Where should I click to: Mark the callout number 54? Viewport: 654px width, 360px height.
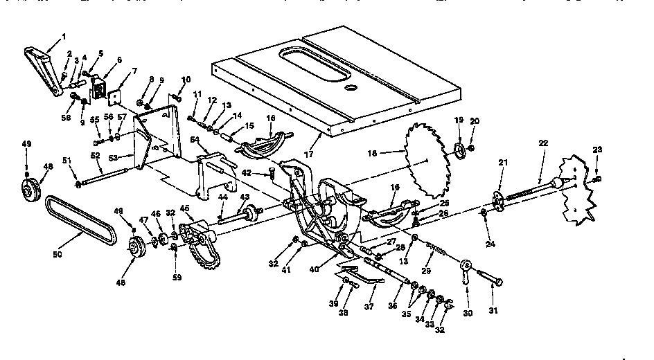coord(195,140)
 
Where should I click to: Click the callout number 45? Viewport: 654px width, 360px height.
coord(185,208)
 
